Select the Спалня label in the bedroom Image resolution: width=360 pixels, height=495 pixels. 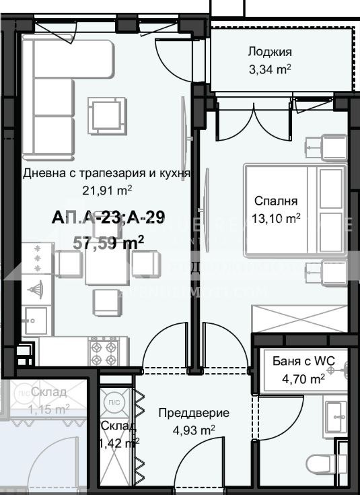[x=276, y=201]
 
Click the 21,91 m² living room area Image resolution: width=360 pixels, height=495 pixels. [x=106, y=189]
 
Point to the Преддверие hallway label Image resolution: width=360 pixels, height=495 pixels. [x=194, y=413]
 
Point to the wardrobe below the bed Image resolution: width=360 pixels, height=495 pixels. [x=299, y=317]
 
